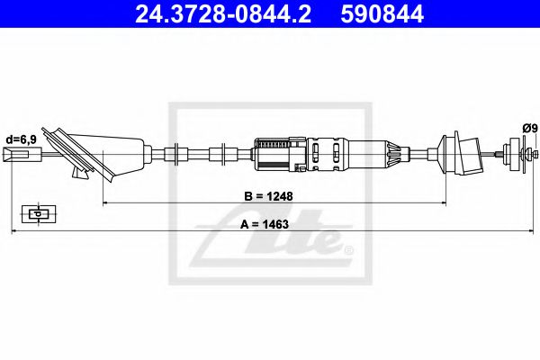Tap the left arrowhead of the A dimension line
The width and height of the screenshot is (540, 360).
point(13,232)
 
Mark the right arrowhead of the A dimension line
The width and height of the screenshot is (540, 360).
point(531,232)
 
